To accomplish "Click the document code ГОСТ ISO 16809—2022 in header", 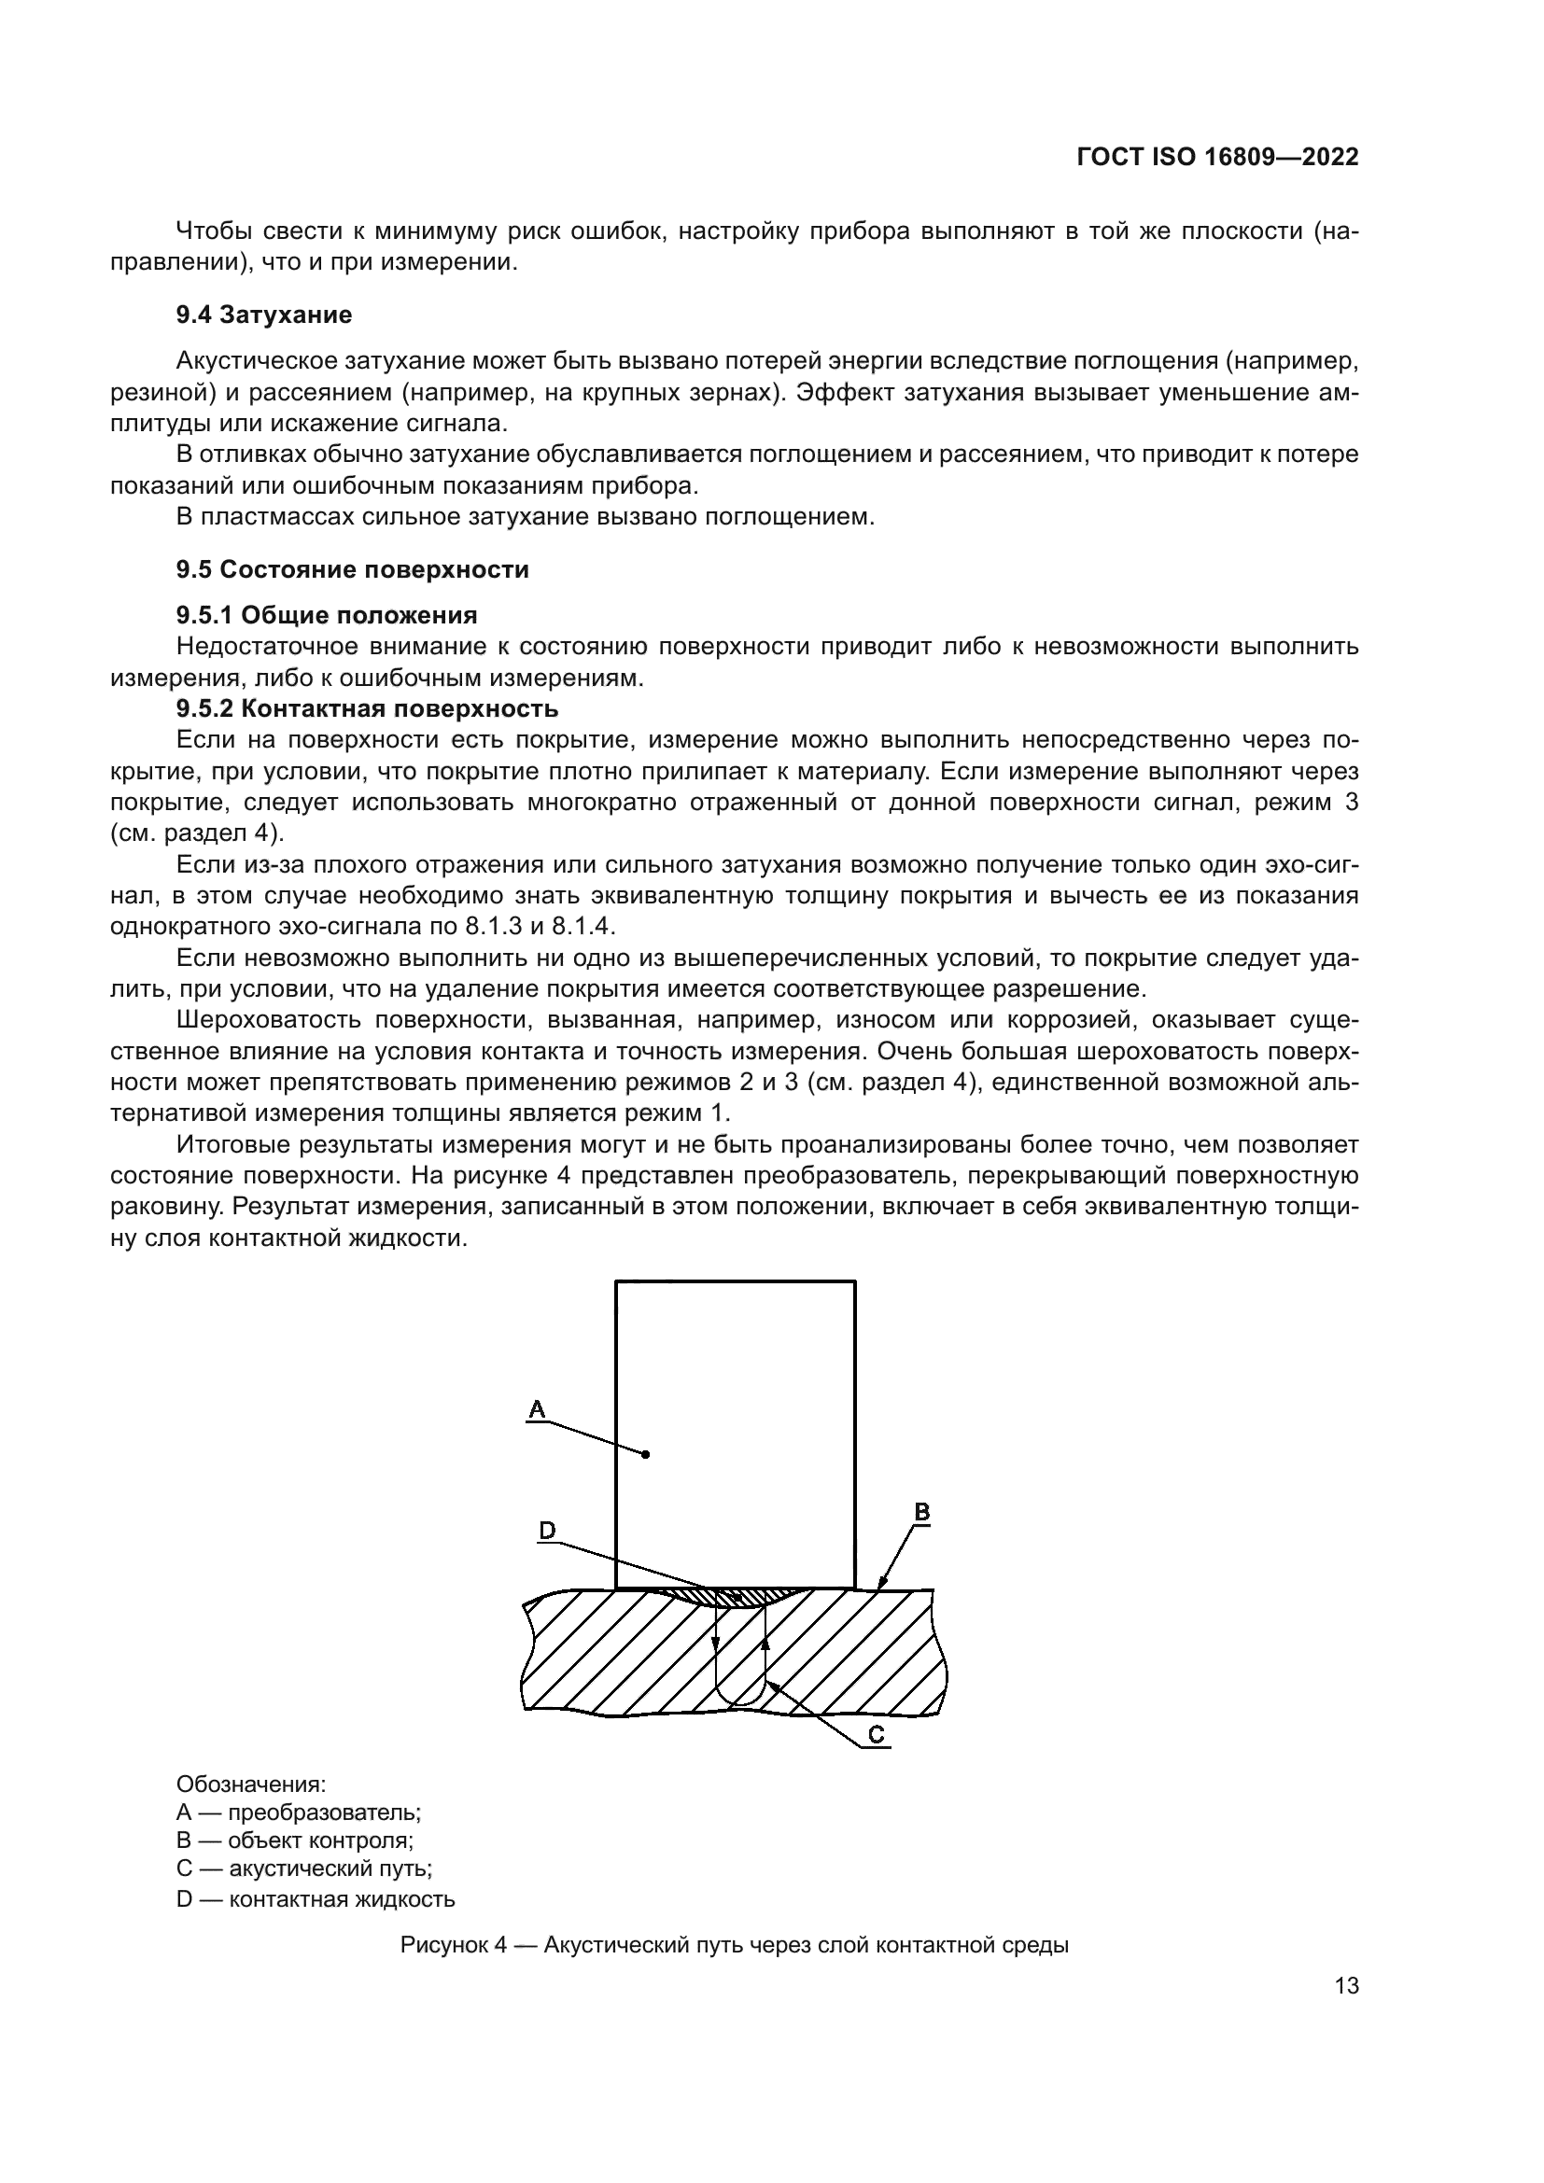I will pos(1217,158).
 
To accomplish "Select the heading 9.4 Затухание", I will pos(263,315).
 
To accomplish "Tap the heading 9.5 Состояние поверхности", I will pos(352,569).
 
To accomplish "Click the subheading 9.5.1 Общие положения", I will pos(326,615).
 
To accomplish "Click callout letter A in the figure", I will pos(537,1409).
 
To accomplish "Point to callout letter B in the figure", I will pos(921,1512).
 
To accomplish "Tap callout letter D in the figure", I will pos(548,1531).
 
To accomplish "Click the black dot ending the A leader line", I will pos(646,1455).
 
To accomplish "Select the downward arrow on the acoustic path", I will pos(715,1644).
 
